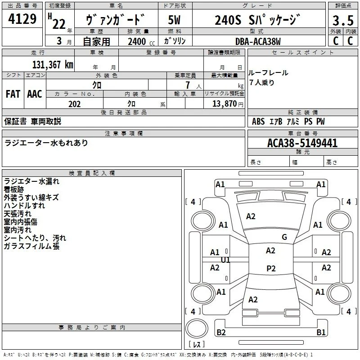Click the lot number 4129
pyautogui.click(x=22, y=19)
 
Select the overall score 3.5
pyautogui.click(x=343, y=20)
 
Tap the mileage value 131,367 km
pyautogui.click(x=53, y=64)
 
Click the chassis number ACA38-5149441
pyautogui.click(x=302, y=143)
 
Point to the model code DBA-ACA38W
pyautogui.click(x=258, y=41)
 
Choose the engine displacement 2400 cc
pyautogui.click(x=141, y=41)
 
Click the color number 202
pyautogui.click(x=74, y=104)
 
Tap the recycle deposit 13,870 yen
pyautogui.click(x=228, y=104)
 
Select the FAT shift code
pyautogui.click(x=13, y=94)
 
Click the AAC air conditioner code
pyautogui.click(x=35, y=94)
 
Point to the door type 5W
pyautogui.click(x=174, y=20)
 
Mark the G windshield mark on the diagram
pyautogui.click(x=284, y=237)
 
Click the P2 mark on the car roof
pyautogui.click(x=271, y=268)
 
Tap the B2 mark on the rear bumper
pyautogui.click(x=221, y=332)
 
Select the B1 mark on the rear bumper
pyautogui.click(x=321, y=332)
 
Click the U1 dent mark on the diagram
pyautogui.click(x=225, y=260)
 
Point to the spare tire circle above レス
pyautogui.click(x=197, y=328)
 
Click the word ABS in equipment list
pyautogui.click(x=258, y=121)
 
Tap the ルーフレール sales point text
pyautogui.click(x=268, y=73)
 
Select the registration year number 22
pyautogui.click(x=59, y=24)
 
